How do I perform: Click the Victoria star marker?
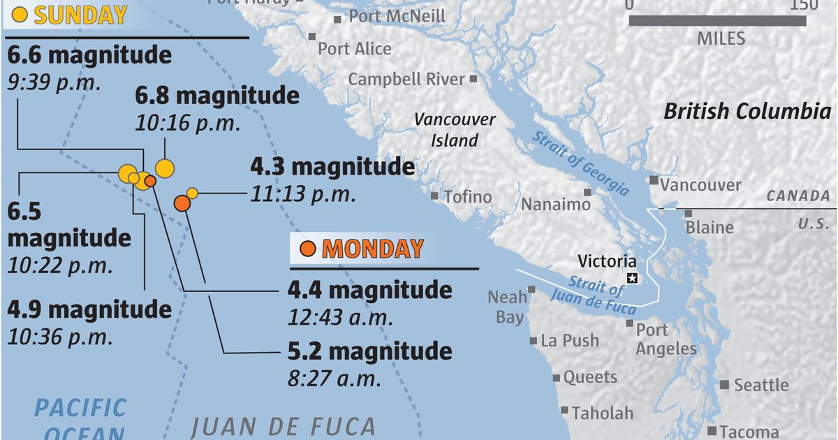pos(633,279)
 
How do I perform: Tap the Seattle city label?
pos(760,385)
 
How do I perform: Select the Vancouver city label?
pos(700,185)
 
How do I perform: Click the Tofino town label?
pos(468,197)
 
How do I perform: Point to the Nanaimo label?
pos(556,205)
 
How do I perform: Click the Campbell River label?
pos(406,79)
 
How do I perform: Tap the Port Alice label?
pos(355,49)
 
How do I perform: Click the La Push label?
pos(570,341)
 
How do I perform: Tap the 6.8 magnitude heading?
pos(217,96)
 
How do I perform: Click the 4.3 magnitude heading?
pos(332,168)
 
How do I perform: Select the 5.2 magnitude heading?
pos(369,350)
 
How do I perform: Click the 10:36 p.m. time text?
pos(60,337)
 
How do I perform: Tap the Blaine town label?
pos(710,227)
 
